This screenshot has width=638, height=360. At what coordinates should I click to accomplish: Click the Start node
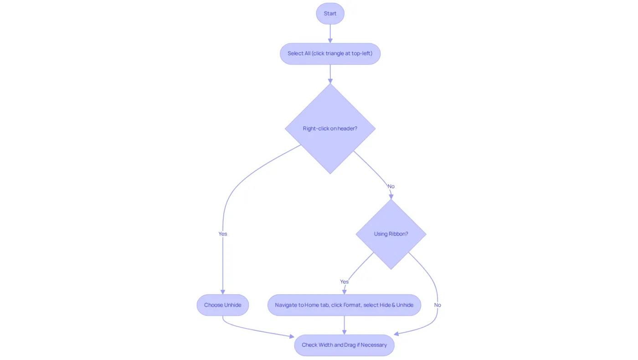coord(330,14)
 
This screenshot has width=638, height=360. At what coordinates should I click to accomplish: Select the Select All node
coord(330,54)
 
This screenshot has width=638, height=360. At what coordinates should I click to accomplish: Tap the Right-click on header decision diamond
coord(330,129)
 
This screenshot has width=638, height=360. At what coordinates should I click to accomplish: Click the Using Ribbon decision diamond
coord(391,234)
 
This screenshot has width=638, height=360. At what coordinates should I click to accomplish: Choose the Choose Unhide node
coord(223,305)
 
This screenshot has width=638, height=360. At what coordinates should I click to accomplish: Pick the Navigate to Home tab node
coord(345,305)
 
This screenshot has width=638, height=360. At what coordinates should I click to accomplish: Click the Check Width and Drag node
coord(345,345)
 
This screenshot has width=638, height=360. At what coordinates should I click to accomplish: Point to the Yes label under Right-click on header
coord(223,234)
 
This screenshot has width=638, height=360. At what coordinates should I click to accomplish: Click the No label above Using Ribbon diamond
coord(391,186)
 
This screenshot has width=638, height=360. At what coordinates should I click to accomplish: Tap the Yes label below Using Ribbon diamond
coord(345,282)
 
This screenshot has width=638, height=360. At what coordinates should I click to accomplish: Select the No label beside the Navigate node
coord(437,305)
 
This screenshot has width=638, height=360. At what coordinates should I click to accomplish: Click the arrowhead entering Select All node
coord(330,41)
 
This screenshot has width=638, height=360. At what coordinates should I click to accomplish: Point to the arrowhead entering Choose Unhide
coord(223,292)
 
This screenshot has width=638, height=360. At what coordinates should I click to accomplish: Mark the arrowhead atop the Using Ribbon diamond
coord(391,197)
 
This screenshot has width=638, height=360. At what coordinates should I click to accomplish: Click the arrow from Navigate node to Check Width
coord(345,325)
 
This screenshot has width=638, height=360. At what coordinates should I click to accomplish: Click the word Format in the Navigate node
coord(353,305)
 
